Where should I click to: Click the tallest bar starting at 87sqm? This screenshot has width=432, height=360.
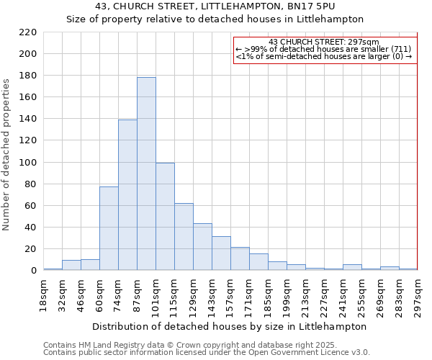(x=146, y=174)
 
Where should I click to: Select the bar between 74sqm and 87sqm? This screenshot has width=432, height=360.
(x=127, y=195)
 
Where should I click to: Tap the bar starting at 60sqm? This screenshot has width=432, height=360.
(x=109, y=228)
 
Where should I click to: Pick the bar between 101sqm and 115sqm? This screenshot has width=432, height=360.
(x=165, y=217)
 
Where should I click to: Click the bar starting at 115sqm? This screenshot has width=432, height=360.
(x=184, y=237)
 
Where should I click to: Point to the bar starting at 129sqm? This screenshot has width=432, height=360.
(x=202, y=247)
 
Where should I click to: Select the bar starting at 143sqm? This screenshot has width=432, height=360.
(x=221, y=253)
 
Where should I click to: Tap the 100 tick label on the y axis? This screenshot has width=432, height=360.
(x=29, y=163)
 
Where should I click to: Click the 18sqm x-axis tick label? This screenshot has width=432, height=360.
(x=44, y=294)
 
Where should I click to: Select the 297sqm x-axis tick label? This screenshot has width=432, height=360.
(x=418, y=294)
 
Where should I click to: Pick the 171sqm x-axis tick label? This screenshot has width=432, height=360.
(x=250, y=294)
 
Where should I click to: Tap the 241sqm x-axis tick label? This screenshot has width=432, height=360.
(x=343, y=294)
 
